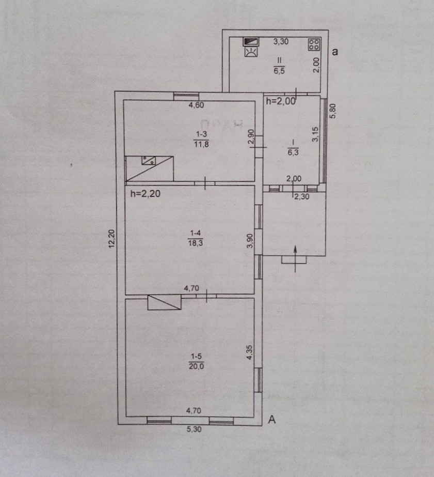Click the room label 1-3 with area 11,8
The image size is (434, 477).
coord(201,139)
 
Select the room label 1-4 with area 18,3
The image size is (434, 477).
coord(195,238)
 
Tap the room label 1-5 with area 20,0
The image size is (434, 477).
coord(196,361)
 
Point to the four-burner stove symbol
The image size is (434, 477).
coord(314,44)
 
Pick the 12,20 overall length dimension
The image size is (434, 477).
coord(112,239)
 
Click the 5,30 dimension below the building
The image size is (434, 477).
coord(193,429)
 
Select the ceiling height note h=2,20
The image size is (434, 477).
coord(145,193)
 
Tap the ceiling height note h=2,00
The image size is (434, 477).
coord(281,101)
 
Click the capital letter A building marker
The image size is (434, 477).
coord(272,420)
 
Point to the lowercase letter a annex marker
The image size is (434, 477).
coord(335,52)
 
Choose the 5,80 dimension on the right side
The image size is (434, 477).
coord(333,111)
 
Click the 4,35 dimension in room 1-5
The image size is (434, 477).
coord(249,352)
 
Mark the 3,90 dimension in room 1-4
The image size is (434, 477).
coord(250,241)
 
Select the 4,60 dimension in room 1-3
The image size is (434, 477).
coord(196,105)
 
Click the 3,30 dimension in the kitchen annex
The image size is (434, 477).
coord(281,41)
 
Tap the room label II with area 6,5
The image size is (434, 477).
coord(279,66)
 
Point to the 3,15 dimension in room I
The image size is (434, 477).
coord(315,134)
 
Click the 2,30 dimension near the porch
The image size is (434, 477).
coord(301,196)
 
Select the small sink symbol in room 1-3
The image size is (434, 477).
coord(149,160)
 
